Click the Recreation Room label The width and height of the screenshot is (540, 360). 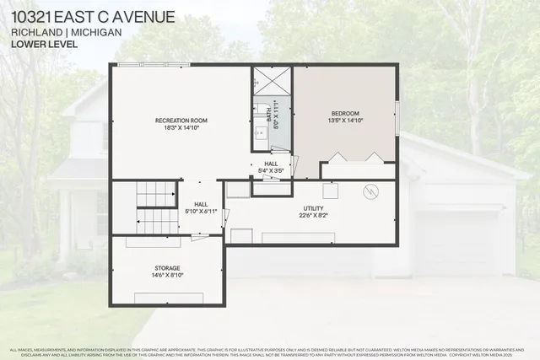[x=181, y=121]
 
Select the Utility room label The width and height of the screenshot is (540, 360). [x=314, y=207]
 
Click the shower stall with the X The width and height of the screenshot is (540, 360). [x=271, y=81]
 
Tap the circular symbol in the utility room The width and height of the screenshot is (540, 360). [x=369, y=192]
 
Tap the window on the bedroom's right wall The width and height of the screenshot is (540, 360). [x=397, y=115]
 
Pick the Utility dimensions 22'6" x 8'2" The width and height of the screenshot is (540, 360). [x=314, y=216]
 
